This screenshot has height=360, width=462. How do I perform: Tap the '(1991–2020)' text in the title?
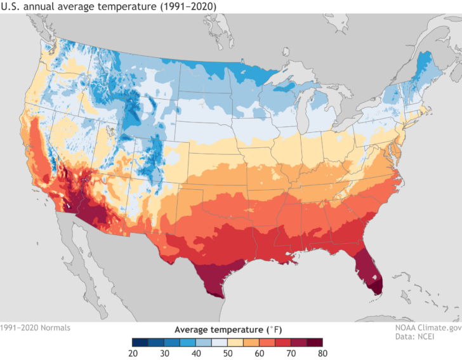pos(190,6)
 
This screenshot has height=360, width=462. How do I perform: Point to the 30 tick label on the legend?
pos(164,353)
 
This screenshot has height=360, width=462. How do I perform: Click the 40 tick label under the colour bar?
pos(196,353)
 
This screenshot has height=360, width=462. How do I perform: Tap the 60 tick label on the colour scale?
pos(259,353)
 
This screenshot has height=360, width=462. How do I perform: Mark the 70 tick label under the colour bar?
pos(291,353)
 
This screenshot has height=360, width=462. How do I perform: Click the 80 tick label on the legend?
pos(322,353)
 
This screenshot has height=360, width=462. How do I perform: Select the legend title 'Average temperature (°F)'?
pos(227,330)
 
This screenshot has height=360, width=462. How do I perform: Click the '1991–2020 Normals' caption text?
pos(36,328)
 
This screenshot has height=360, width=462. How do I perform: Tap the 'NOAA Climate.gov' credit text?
pos(426,328)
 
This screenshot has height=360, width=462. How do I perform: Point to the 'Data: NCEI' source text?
pos(439,337)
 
